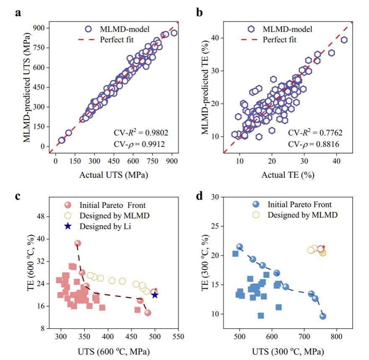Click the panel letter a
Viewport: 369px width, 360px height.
click(x=18, y=13)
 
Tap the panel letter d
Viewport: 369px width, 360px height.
click(x=200, y=196)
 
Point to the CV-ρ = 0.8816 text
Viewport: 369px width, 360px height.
click(x=313, y=145)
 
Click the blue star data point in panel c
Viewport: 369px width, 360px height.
click(x=155, y=295)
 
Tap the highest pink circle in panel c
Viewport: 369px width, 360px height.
click(x=78, y=243)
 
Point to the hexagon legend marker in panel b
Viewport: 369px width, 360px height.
click(x=251, y=29)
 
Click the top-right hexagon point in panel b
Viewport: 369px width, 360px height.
click(x=344, y=40)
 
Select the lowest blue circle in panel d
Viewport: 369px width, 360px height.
click(x=323, y=316)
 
